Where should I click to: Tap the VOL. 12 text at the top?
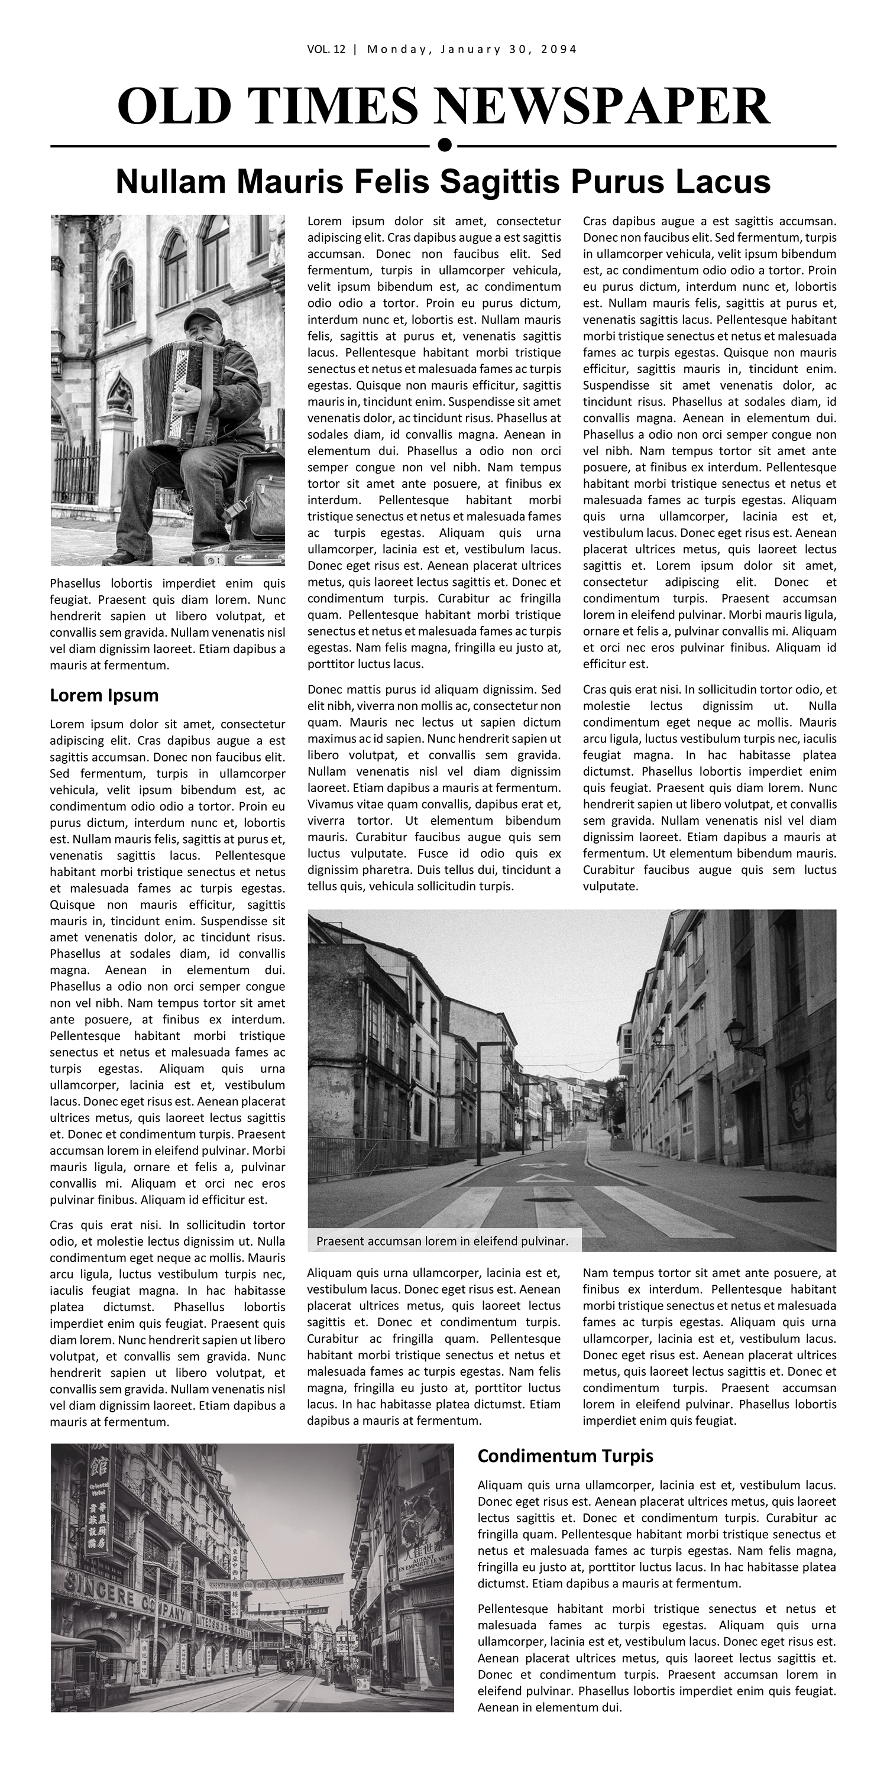tap(326, 49)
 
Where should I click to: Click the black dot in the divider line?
tap(444, 144)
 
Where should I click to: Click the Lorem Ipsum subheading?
tap(104, 695)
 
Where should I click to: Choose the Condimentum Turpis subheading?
tap(565, 1456)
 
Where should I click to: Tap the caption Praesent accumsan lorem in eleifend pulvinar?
tap(442, 1241)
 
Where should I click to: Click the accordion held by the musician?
tap(177, 389)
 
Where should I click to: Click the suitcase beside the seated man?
tap(260, 495)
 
